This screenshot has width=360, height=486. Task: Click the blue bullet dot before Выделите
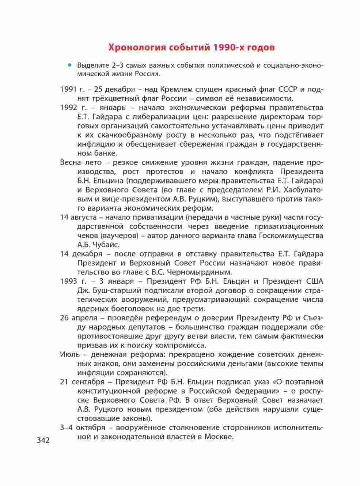(x=69, y=65)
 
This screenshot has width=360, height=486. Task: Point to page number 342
(x=43, y=440)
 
